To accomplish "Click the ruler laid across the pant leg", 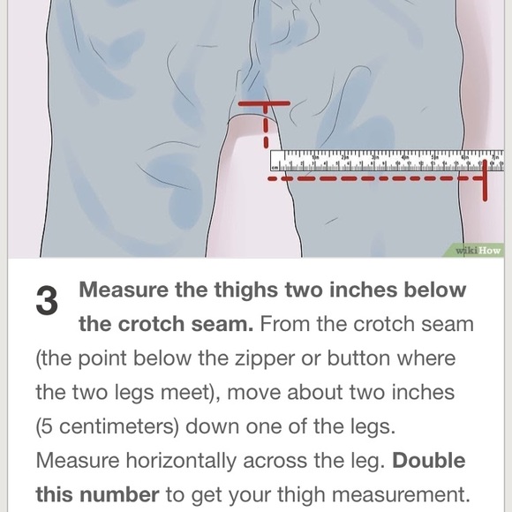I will [x=387, y=160].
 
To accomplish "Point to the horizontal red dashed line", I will [x=371, y=178].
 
